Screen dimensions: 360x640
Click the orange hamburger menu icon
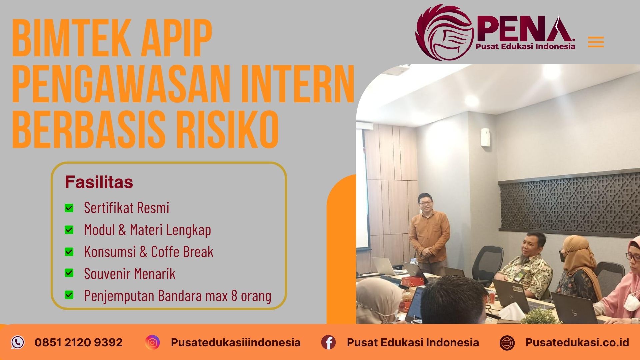point(596,42)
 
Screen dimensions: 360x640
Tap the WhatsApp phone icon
point(18,342)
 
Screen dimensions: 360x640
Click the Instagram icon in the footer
point(152,342)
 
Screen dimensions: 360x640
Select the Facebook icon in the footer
point(328,342)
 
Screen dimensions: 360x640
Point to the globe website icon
point(507,343)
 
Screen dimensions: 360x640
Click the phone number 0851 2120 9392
point(79,342)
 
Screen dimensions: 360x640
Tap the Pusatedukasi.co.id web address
point(577,342)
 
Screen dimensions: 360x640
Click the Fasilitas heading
point(99,182)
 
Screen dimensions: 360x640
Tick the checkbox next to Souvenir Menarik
point(69,273)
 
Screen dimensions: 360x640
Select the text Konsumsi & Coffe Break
point(149,252)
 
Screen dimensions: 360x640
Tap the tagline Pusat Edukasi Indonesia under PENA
point(525,46)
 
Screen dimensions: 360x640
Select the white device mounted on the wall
point(485,137)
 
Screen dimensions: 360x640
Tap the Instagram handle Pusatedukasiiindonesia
point(236,342)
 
